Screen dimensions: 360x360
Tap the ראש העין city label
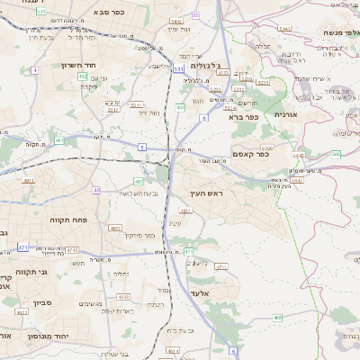(x=206, y=194)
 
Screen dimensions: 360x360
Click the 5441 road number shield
(x=284, y=29)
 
